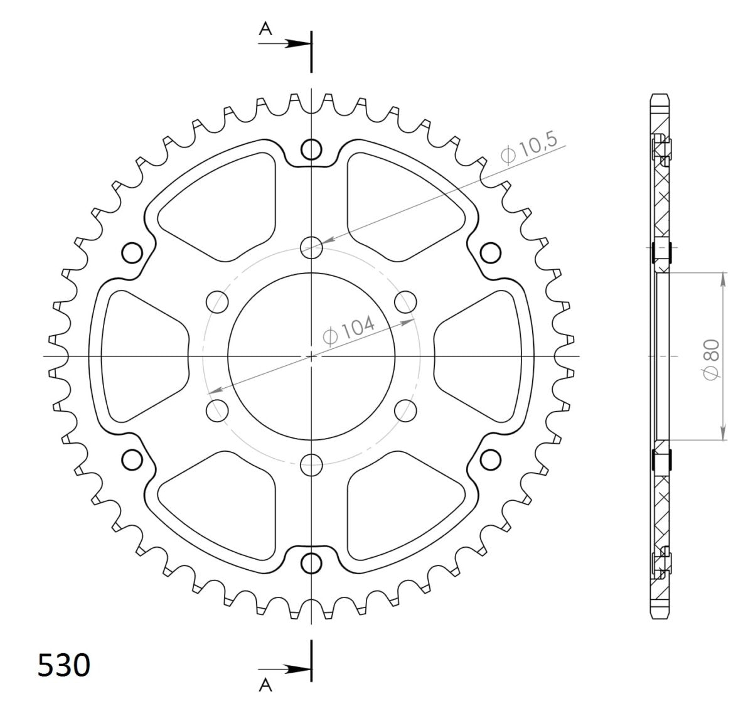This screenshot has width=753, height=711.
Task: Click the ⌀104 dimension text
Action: (349, 329)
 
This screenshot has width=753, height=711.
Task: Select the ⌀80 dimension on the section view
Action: (712, 357)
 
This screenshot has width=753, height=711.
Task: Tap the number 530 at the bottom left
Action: (64, 666)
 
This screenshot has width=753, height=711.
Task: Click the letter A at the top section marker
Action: (266, 28)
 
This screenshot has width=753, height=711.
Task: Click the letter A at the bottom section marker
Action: (266, 686)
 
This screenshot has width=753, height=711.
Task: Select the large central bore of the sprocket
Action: (311, 356)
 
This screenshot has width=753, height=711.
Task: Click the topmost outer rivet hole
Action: (311, 149)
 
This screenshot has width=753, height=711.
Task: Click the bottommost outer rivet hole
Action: (311, 564)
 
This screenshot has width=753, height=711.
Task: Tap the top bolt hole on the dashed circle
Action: (311, 247)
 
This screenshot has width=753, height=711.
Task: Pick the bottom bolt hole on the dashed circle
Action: (311, 465)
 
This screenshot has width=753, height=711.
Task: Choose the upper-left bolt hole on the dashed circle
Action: (217, 301)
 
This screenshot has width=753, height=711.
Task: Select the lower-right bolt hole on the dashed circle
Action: (406, 411)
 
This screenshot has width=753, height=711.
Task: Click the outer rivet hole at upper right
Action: (491, 253)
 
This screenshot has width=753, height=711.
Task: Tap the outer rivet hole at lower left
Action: (132, 460)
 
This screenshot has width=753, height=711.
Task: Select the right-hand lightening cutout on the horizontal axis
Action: (480, 356)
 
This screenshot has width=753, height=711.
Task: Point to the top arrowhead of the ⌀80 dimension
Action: (724, 279)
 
